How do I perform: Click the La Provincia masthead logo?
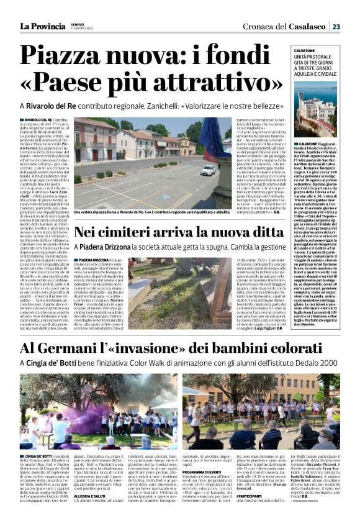[x=42, y=26]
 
